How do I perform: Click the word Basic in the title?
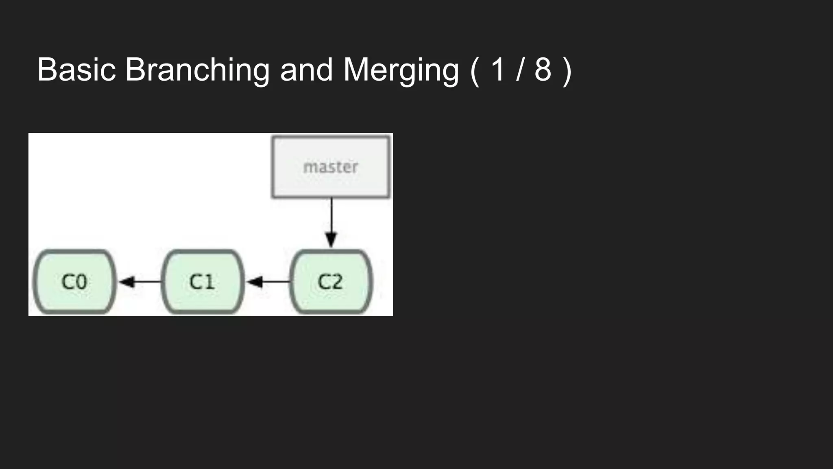[x=76, y=70]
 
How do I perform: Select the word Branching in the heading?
[x=197, y=70]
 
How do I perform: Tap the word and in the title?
[x=306, y=70]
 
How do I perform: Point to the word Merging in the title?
[x=401, y=70]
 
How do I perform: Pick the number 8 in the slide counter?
[x=543, y=70]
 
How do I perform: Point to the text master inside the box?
[x=331, y=167]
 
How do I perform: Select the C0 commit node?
[x=74, y=282]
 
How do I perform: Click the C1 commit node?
[x=203, y=282]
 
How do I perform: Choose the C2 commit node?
[x=331, y=282]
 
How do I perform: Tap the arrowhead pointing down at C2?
[x=331, y=240]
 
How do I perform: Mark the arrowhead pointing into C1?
[x=255, y=282]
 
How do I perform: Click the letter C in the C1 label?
[x=196, y=282]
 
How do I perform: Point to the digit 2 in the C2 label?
[x=336, y=282]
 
